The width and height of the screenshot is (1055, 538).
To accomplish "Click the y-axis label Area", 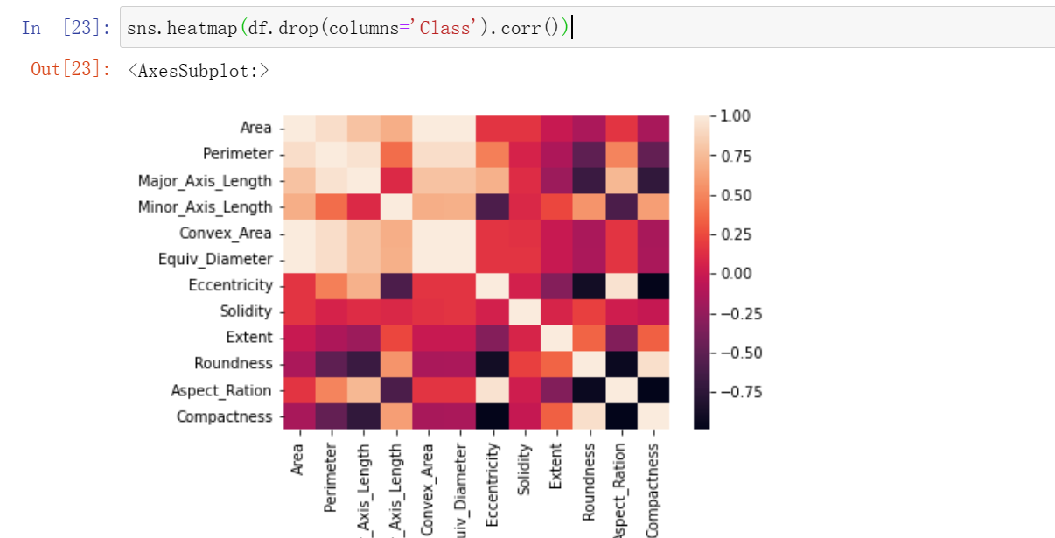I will pos(255,128).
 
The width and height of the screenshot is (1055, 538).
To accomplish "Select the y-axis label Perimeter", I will pos(238,154).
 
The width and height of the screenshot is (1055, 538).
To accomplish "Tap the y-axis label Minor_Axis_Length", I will pos(205,207).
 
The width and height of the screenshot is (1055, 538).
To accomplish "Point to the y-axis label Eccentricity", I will pos(230,285).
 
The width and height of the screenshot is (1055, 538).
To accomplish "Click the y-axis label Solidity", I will pos(246,311).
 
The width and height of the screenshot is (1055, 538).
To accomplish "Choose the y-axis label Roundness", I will pos(233,363).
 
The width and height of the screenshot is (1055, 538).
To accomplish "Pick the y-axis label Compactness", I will pos(225,416).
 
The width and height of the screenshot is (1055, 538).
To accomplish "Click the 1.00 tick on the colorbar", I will pos(736,116).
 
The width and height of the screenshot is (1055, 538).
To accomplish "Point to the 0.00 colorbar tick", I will pos(736,274).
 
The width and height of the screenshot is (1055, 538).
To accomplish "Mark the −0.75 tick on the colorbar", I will pos(740,392).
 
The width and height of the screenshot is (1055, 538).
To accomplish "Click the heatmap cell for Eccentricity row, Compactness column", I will pos(653,285).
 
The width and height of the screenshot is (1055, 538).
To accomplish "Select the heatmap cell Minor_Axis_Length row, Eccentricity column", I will pos(492,207).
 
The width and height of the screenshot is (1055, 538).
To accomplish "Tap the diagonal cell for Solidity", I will pos(524,311).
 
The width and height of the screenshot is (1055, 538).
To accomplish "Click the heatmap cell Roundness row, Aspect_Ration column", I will pos(620,363).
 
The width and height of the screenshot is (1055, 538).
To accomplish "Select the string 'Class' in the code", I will pos(444,28).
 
